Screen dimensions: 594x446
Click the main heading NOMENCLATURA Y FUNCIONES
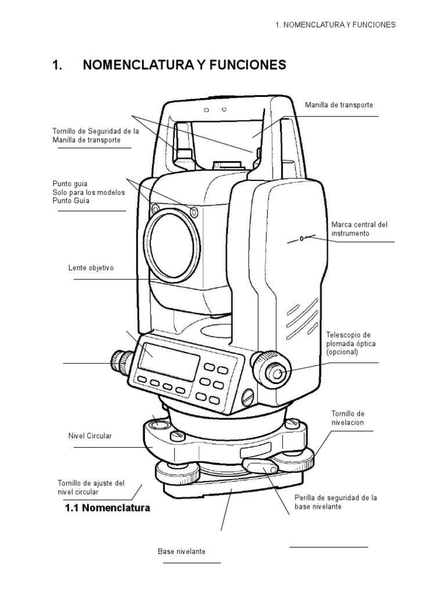184,65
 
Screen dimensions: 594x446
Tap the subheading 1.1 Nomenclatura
106,508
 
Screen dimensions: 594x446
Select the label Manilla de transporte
339,105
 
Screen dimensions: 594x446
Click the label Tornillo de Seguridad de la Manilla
96,136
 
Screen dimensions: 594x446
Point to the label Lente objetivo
91,268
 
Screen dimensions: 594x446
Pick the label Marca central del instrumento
359,229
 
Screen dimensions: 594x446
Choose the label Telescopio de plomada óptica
348,343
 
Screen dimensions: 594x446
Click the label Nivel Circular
89,435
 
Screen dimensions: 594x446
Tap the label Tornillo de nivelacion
347,418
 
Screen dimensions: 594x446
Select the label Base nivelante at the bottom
181,550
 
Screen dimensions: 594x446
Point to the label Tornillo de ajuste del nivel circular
91,487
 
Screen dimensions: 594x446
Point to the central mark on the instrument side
301,238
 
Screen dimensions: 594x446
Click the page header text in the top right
335,25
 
